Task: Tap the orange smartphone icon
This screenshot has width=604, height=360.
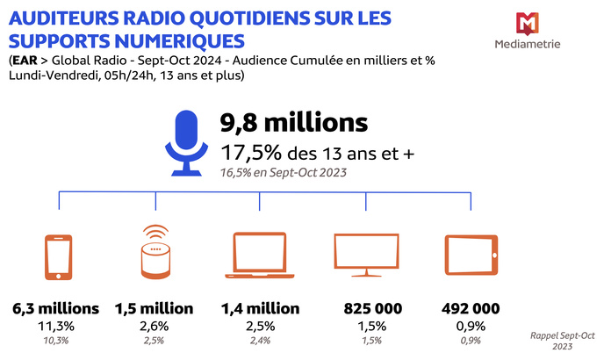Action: tap(58, 256)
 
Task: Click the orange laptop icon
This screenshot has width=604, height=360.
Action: tap(261, 255)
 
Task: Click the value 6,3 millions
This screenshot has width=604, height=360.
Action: tap(56, 309)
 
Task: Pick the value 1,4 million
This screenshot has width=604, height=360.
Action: tap(261, 309)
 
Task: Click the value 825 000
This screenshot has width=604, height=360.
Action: tap(367, 309)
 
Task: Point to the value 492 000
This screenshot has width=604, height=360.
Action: tap(471, 309)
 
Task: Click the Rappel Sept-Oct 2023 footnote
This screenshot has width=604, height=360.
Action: tap(563, 340)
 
